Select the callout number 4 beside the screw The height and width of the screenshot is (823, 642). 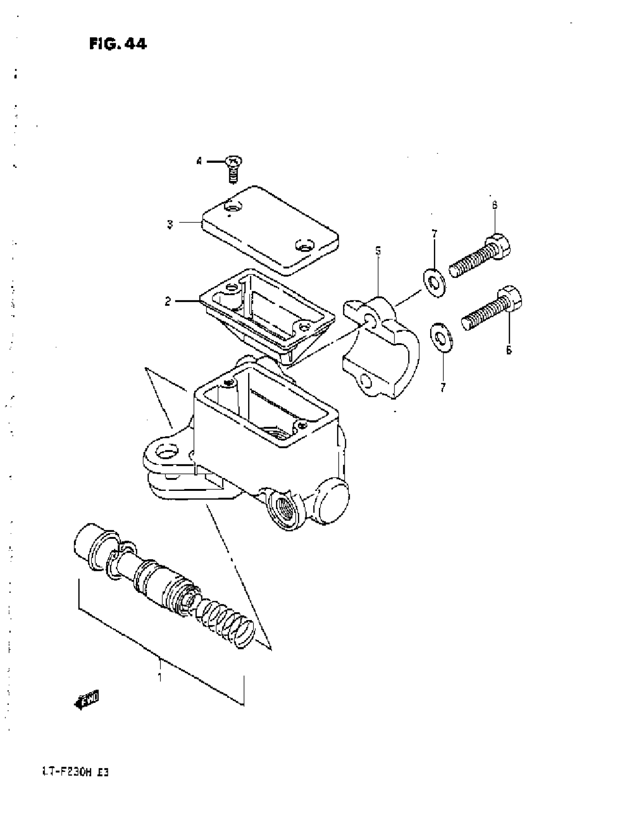point(199,162)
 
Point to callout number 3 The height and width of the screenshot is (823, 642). point(170,224)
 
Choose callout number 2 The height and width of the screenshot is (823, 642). point(168,301)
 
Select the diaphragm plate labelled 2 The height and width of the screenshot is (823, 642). point(266,310)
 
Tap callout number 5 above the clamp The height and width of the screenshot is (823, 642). point(378,251)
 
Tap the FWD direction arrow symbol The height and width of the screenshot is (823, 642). point(87,698)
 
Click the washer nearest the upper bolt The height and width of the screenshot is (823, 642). point(434,283)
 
